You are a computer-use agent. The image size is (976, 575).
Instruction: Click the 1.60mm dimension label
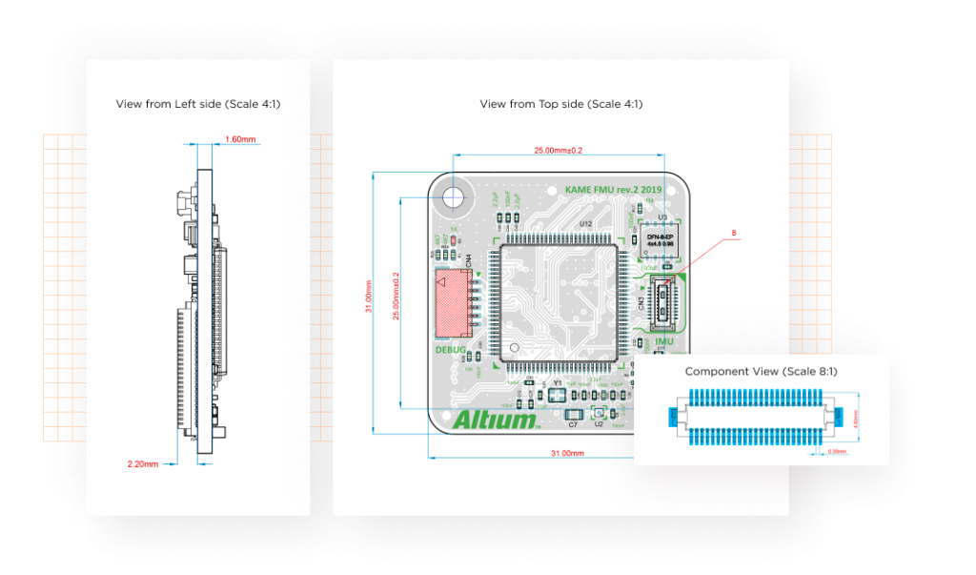240,140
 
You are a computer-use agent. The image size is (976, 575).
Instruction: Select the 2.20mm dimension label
141,463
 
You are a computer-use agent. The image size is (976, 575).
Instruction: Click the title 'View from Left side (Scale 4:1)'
198,103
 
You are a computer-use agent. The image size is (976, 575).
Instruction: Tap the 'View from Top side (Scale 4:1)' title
560,103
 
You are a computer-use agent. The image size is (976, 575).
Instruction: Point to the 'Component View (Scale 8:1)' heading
761,371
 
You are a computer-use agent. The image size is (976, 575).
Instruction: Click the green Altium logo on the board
497,420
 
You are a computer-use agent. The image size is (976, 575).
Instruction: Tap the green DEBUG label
451,350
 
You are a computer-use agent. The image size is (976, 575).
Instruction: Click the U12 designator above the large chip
586,224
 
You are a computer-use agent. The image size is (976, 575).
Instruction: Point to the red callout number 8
733,233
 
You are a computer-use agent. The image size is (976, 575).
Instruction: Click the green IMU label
664,339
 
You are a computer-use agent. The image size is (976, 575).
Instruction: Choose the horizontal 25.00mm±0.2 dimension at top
558,150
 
